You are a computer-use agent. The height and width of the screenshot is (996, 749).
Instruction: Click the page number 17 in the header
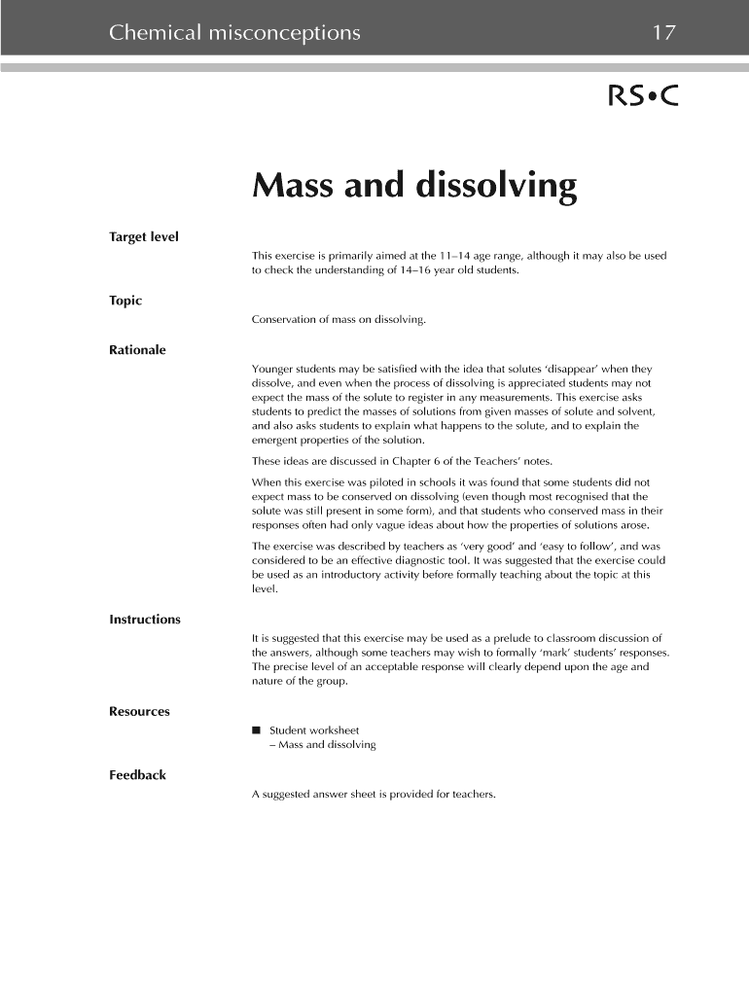coord(663,33)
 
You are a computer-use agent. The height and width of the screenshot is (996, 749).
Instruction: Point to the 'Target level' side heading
coord(144,236)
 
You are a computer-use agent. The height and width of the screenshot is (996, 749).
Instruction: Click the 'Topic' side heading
coord(125,301)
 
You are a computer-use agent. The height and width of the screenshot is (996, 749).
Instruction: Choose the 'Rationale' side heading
coord(137,349)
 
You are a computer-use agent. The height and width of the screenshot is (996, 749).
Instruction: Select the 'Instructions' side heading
coord(145,620)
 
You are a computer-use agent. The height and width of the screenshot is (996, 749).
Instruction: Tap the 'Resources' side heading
coord(139,711)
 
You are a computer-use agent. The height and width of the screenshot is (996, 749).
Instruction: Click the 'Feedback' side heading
coord(137,775)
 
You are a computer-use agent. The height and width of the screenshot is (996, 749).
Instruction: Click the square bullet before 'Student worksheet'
coord(256,729)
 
